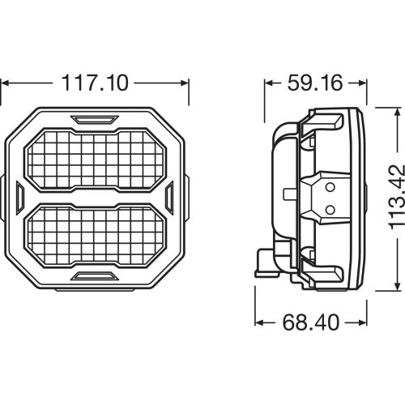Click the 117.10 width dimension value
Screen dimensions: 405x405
95,83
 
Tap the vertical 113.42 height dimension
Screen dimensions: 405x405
393,198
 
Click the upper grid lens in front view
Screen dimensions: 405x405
95,158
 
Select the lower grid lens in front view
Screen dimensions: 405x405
95,236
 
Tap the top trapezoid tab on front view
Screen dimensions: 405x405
95,120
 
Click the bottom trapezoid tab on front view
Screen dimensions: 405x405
95,276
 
